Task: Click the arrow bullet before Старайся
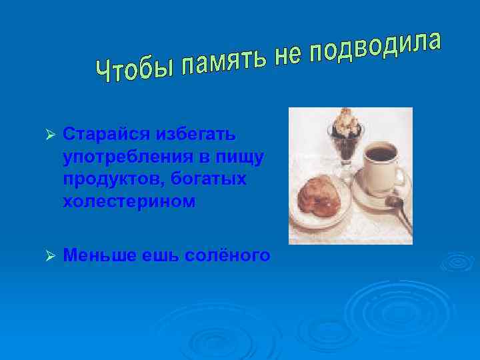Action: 47,134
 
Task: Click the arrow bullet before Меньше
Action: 47,254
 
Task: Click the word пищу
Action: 239,158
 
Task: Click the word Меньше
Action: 99,255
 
